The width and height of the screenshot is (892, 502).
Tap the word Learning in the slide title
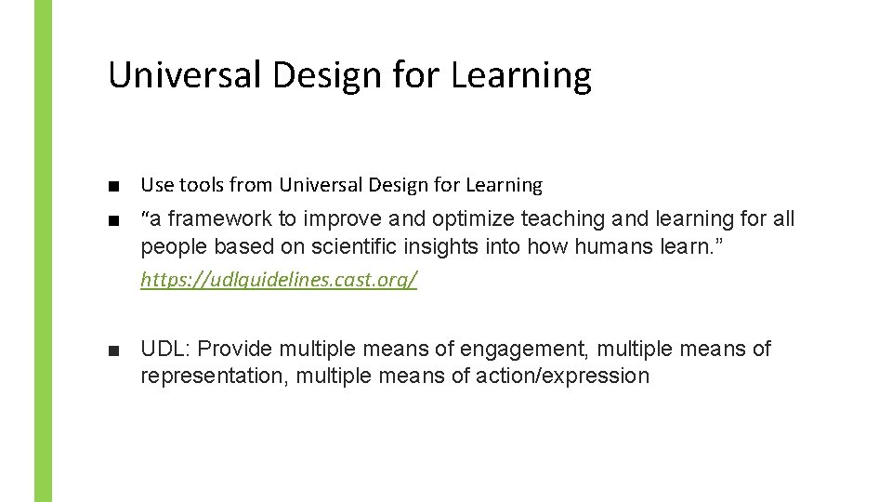(x=520, y=75)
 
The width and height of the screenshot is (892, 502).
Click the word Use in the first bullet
(x=154, y=185)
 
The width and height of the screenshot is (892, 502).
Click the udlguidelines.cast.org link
(x=279, y=279)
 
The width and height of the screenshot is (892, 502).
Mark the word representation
(x=214, y=376)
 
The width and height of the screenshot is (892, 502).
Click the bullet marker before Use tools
(x=113, y=186)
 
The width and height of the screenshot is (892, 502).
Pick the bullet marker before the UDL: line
(x=113, y=350)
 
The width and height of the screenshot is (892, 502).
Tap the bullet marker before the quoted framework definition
(x=113, y=220)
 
